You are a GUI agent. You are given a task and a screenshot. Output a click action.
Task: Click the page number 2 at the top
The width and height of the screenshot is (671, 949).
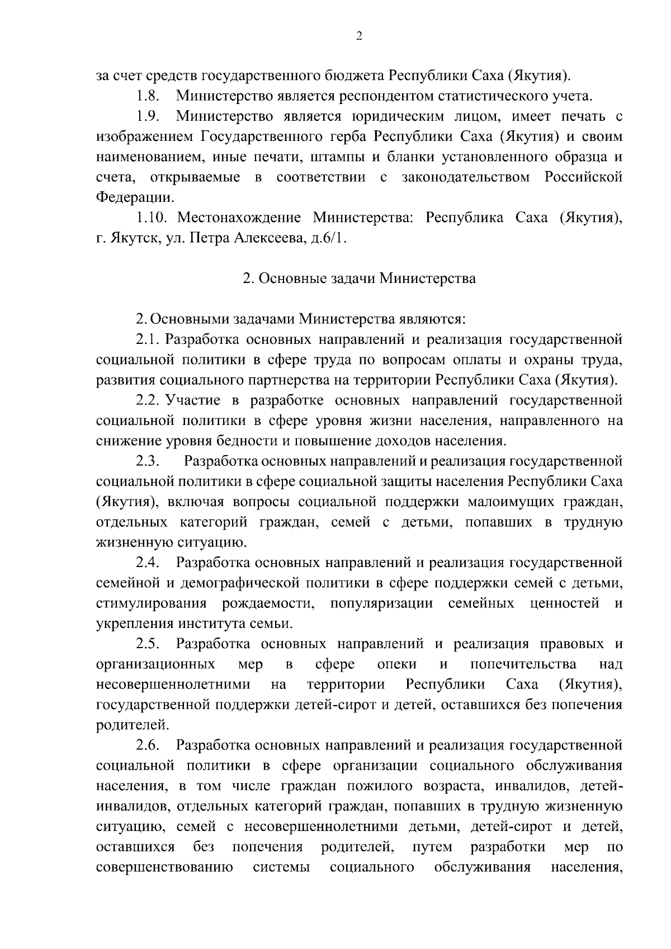[x=359, y=36]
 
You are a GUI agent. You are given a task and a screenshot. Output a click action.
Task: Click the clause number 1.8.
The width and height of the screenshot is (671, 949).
[x=148, y=96]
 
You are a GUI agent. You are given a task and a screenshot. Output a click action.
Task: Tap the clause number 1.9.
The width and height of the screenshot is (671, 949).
[x=148, y=116]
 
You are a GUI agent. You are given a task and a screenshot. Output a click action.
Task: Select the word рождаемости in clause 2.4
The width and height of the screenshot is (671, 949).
[x=271, y=603]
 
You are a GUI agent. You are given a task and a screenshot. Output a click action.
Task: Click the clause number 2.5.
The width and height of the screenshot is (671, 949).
[x=147, y=644]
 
